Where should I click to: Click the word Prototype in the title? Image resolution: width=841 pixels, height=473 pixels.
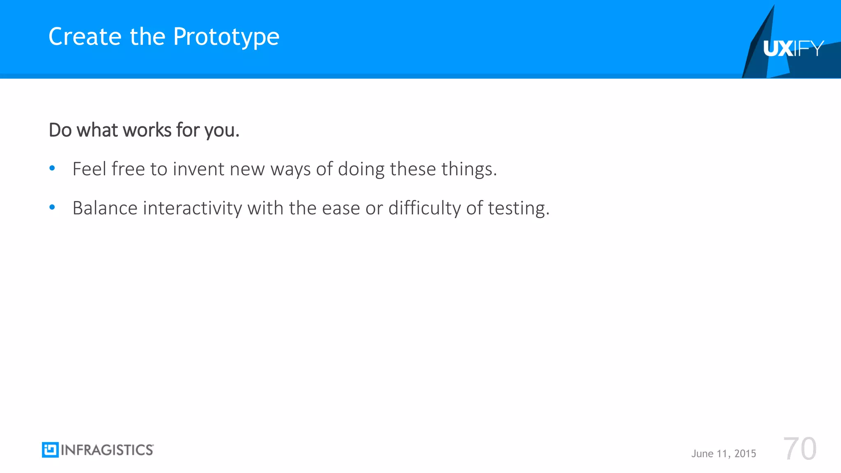(226, 37)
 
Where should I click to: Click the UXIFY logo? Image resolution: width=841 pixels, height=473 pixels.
(793, 49)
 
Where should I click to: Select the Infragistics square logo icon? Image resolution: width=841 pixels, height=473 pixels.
(50, 450)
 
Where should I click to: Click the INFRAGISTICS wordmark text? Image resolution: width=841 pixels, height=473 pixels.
(107, 450)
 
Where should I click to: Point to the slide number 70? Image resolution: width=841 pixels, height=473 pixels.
(800, 449)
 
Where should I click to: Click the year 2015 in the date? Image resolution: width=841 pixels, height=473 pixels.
(745, 453)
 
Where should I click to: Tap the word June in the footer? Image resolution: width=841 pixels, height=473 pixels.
(702, 453)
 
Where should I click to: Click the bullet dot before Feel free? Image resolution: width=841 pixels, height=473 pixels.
(52, 168)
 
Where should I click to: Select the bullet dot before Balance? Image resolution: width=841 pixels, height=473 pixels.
(52, 207)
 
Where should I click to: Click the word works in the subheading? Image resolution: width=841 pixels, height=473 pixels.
(147, 130)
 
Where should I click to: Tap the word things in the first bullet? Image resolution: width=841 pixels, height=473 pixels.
(469, 169)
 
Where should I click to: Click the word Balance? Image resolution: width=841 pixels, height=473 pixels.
(105, 208)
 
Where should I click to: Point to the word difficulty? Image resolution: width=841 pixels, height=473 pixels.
(425, 208)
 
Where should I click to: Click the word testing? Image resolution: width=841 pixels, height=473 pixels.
(518, 208)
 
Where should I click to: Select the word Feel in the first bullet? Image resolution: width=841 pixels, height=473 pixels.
(89, 169)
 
